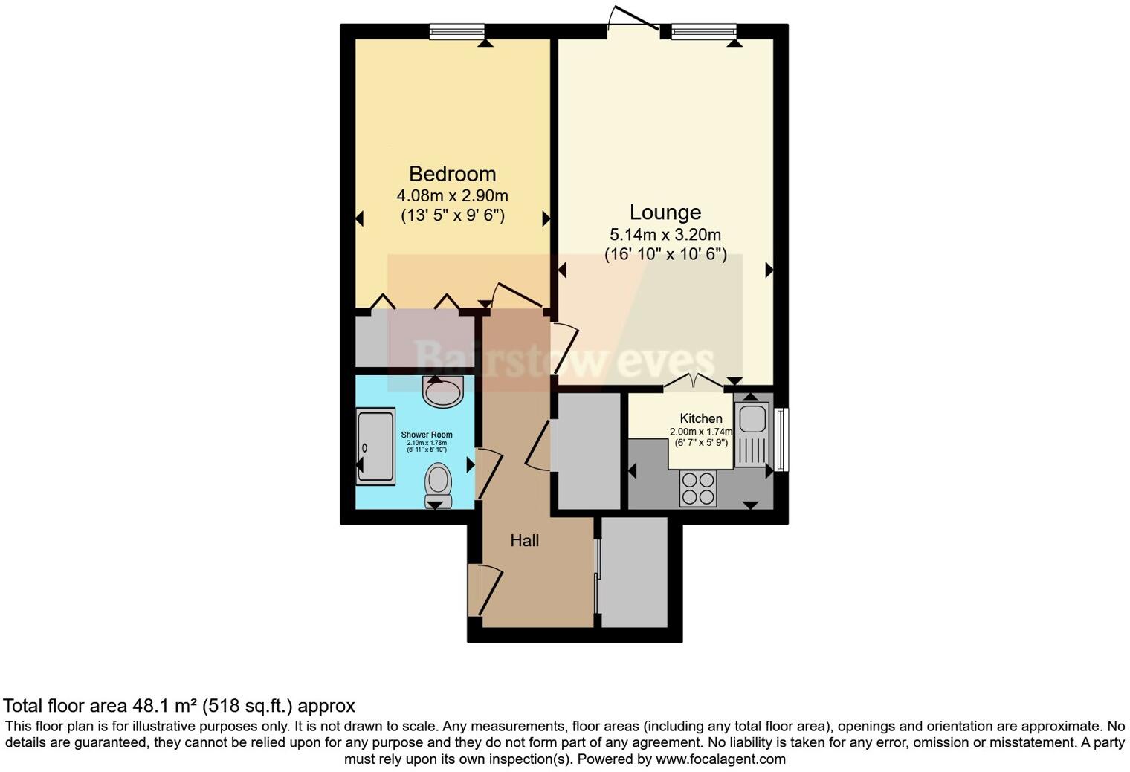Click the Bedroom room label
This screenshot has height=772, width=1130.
pos(452,174)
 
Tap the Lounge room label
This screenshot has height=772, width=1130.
pos(665,213)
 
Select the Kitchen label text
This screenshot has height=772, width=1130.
pos(701,418)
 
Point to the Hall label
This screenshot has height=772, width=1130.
pos(524,541)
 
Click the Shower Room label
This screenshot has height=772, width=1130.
pos(427,435)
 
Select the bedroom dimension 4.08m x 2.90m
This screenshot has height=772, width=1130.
pos(452,196)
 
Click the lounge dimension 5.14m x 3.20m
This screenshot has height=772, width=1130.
pos(665,235)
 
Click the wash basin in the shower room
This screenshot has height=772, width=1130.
pos(443,391)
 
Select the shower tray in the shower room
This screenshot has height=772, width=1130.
pos(375,447)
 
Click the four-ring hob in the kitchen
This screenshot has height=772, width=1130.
pos(698,489)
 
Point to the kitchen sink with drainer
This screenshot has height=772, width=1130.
pos(752,434)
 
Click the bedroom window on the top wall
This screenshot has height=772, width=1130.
pos(457,31)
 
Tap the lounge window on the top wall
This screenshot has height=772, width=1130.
pos(703,31)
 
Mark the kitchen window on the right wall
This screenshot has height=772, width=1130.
pos(781,438)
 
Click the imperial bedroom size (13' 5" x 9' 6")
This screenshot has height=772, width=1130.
pos(452,216)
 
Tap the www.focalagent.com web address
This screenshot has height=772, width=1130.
pos(720,759)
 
